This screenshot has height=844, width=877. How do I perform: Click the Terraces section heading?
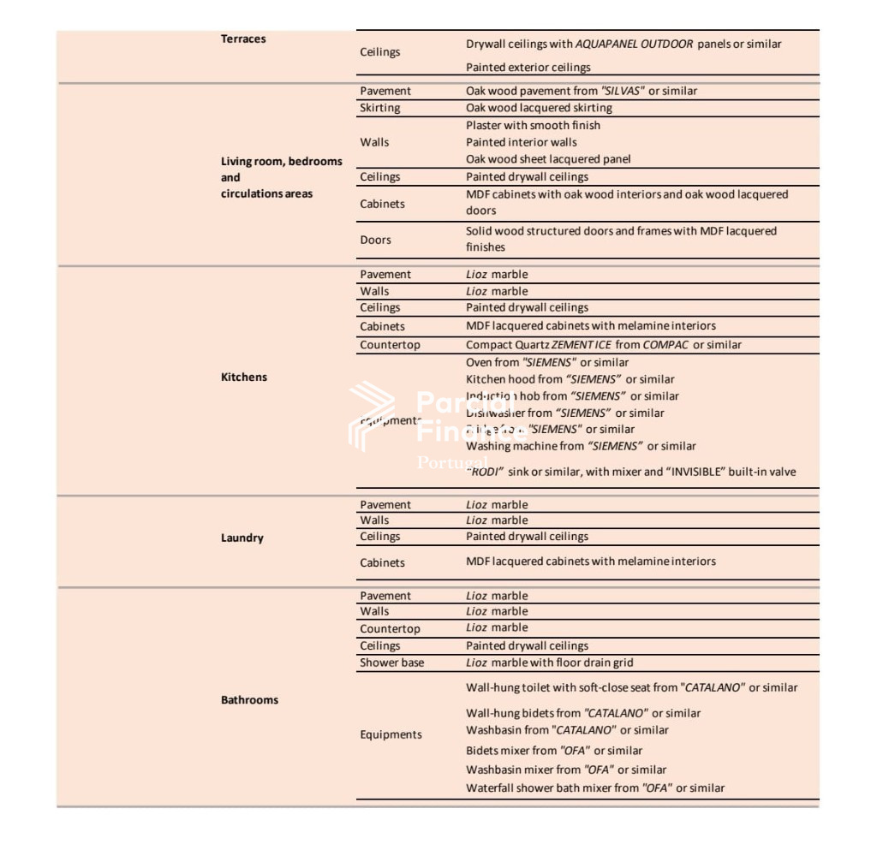coord(243,39)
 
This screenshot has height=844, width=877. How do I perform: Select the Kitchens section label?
coord(244,377)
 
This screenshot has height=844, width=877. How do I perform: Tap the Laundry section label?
coord(242,538)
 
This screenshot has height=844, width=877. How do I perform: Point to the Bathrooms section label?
coord(249,700)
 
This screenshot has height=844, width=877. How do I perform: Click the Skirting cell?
coord(379,109)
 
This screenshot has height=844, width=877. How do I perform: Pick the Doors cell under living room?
coord(375,241)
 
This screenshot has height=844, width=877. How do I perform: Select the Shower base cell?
coord(391,663)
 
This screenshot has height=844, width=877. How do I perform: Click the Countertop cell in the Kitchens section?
coord(390,345)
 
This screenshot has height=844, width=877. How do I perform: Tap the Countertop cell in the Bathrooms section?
coord(390,629)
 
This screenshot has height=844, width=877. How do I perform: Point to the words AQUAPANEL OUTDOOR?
coord(634,45)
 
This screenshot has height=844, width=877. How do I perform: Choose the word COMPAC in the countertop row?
coord(665,345)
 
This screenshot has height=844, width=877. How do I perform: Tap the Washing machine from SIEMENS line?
coord(581,446)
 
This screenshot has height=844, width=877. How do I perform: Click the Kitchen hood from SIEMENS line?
coord(570,379)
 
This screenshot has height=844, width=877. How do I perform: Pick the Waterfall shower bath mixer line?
coord(594,788)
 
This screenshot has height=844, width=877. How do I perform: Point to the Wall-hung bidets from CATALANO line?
coord(582,713)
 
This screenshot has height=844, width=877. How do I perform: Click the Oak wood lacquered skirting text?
coord(539,109)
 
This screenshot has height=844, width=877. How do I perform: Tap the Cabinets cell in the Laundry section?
coord(382,563)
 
